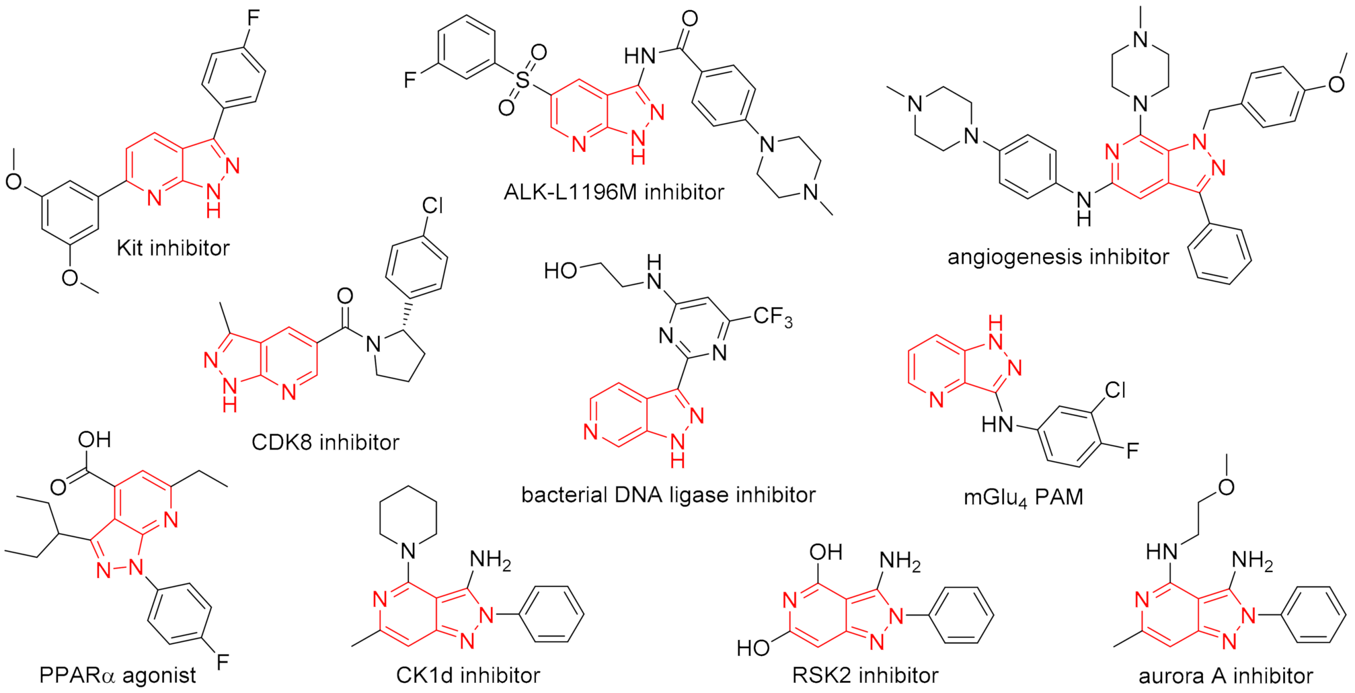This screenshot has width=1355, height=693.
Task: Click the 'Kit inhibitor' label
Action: (173, 248)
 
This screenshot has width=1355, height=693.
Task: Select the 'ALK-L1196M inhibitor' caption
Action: (614, 192)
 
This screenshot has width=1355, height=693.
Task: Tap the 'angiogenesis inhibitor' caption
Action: (1058, 257)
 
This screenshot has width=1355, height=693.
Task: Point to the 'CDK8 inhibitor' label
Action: (325, 442)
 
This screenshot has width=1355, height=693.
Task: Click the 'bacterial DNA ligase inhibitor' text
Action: (668, 495)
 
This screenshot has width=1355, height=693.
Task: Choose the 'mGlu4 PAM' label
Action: (1023, 497)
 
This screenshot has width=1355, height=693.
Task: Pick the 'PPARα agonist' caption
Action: (117, 675)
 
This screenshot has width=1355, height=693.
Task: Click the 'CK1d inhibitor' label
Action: (468, 675)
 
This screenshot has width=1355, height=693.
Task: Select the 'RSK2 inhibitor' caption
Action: (865, 675)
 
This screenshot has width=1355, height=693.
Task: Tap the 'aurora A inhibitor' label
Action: (1226, 676)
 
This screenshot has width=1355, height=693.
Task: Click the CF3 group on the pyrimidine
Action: (772, 317)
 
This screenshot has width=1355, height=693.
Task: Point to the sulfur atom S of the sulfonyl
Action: (522, 80)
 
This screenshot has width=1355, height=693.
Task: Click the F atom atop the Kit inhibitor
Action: (253, 18)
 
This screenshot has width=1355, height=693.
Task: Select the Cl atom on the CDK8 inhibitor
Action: (432, 206)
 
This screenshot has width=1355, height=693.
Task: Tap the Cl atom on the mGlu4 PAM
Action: (1114, 390)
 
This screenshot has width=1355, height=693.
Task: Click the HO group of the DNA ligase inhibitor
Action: (560, 271)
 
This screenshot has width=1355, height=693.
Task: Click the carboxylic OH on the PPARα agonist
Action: (95, 440)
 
